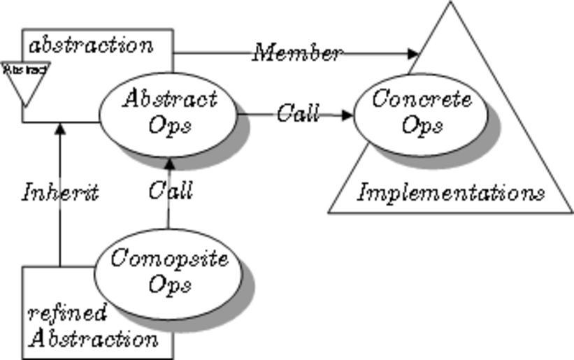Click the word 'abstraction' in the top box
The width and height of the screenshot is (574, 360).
(91, 46)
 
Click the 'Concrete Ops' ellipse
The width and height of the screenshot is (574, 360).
(421, 113)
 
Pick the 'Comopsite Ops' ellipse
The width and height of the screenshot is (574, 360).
(169, 272)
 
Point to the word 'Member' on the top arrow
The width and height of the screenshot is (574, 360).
(298, 52)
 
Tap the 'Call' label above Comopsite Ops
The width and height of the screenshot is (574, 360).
(170, 190)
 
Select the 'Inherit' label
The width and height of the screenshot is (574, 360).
(60, 192)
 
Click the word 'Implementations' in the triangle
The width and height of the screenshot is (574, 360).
(451, 192)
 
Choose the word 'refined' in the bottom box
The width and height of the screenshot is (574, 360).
(67, 312)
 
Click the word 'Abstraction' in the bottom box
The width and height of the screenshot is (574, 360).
(94, 339)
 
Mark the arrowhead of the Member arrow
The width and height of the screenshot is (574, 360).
(413, 53)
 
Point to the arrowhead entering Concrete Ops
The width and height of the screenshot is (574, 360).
(347, 115)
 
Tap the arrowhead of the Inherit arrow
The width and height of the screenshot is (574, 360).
(60, 129)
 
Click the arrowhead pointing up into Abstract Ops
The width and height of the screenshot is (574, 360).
(168, 164)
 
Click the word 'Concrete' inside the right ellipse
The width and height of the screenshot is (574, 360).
(421, 99)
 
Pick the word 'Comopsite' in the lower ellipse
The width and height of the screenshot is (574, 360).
(169, 259)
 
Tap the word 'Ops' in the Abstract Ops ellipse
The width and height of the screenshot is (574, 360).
(170, 126)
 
